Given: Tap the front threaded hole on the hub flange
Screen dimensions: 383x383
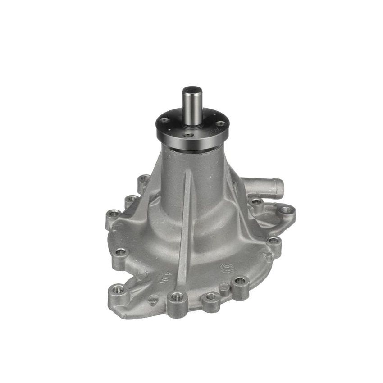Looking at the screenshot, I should tap(187, 134).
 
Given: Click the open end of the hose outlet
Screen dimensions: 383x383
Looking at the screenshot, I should tap(280, 188).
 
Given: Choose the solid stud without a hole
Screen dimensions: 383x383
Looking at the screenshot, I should tap(224, 288).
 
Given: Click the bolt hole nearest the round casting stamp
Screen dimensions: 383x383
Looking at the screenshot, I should tap(240, 281).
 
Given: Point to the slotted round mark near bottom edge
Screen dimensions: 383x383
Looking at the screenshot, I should tap(153, 298).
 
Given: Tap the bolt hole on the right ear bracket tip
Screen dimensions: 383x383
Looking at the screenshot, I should tap(286, 210).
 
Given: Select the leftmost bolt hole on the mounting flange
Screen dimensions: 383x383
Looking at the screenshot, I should tap(114, 213).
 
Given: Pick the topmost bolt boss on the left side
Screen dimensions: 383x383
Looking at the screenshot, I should tap(144, 178).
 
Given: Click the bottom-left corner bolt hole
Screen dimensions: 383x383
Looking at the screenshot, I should tap(119, 289).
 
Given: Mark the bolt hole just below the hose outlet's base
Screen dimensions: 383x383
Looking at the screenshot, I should tap(257, 202).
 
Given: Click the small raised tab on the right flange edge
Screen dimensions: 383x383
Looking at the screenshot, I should tap(269, 257).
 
